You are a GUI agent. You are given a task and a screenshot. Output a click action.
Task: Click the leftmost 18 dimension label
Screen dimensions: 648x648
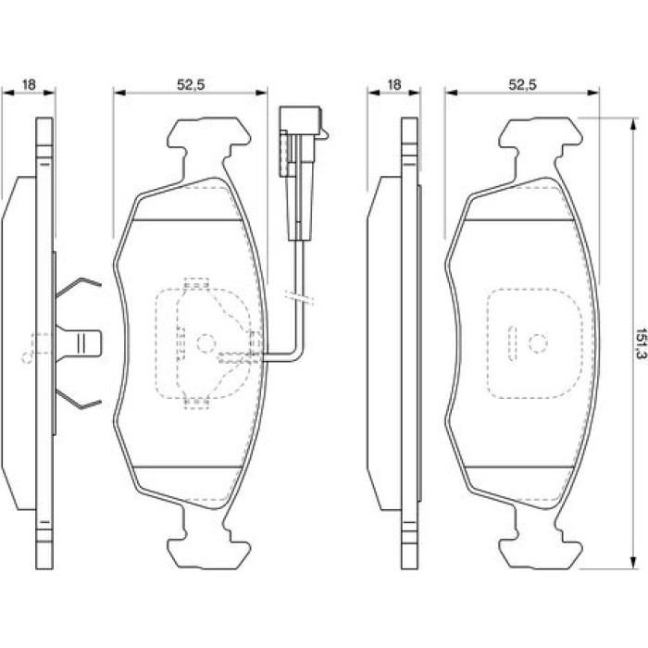click(29, 85)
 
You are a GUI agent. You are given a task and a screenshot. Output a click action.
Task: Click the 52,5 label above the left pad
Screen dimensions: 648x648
click(191, 85)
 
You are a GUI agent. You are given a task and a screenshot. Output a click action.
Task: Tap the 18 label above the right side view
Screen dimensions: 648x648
click(394, 85)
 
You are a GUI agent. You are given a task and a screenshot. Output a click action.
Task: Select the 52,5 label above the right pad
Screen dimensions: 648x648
click(522, 85)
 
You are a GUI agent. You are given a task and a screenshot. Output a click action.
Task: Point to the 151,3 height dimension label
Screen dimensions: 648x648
click(641, 343)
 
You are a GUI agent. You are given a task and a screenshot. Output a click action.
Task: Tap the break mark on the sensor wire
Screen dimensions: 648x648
click(300, 298)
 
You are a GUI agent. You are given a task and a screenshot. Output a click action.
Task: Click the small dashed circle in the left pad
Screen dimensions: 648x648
click(206, 343)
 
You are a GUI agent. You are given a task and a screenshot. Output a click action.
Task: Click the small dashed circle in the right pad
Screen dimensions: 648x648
click(538, 343)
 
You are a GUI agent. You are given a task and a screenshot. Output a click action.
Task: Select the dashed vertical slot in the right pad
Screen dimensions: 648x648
click(513, 343)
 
